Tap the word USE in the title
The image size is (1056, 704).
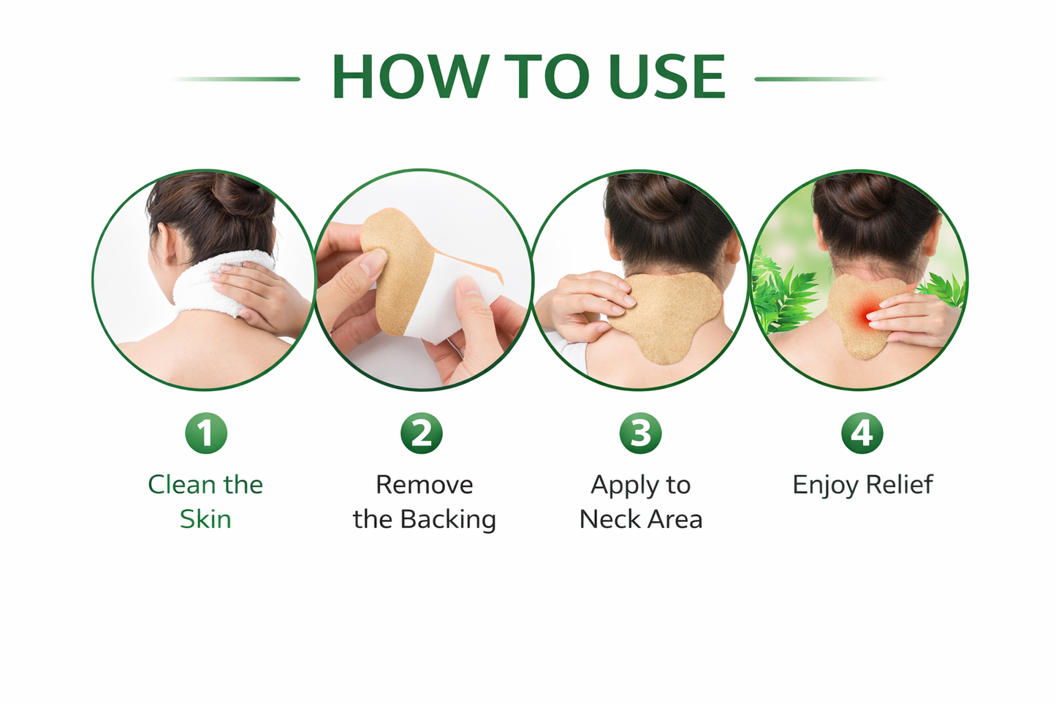pos(666,76)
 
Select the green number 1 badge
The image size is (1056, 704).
pos(206,434)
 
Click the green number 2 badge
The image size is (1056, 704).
pos(422,434)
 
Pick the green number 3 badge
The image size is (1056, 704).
pos(640,434)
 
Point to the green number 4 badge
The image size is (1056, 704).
pos(862,434)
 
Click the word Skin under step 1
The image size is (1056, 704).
pos(205,519)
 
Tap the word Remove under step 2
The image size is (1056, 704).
pos(425,485)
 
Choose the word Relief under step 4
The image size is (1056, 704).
pos(900,484)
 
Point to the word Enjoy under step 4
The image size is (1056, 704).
pos(825,485)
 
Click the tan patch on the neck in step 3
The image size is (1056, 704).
pos(665,317)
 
